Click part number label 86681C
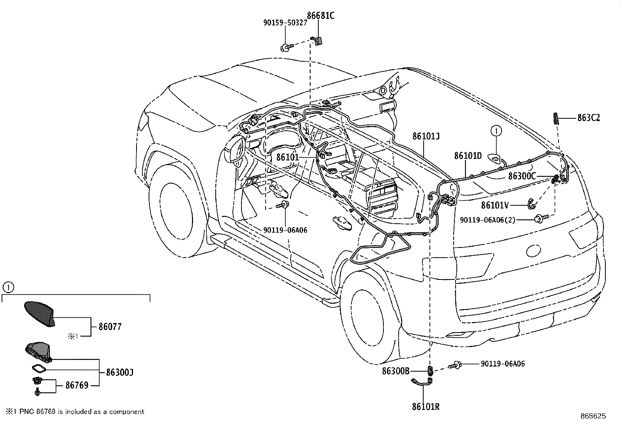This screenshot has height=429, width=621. (x=321, y=16)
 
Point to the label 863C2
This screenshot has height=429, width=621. (x=589, y=118)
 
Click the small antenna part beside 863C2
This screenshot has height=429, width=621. (x=555, y=117)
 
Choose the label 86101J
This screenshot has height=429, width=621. (x=426, y=136)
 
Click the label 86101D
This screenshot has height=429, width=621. (x=468, y=156)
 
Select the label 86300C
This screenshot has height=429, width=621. (x=522, y=176)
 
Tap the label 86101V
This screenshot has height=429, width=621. (x=495, y=205)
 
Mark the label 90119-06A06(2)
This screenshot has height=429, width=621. (x=488, y=220)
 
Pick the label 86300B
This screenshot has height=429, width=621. (x=396, y=371)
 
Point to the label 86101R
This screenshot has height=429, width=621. (x=426, y=406)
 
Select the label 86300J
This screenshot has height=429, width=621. (x=120, y=372)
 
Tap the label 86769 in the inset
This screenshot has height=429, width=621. (x=77, y=386)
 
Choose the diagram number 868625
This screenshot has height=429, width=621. (x=593, y=416)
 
